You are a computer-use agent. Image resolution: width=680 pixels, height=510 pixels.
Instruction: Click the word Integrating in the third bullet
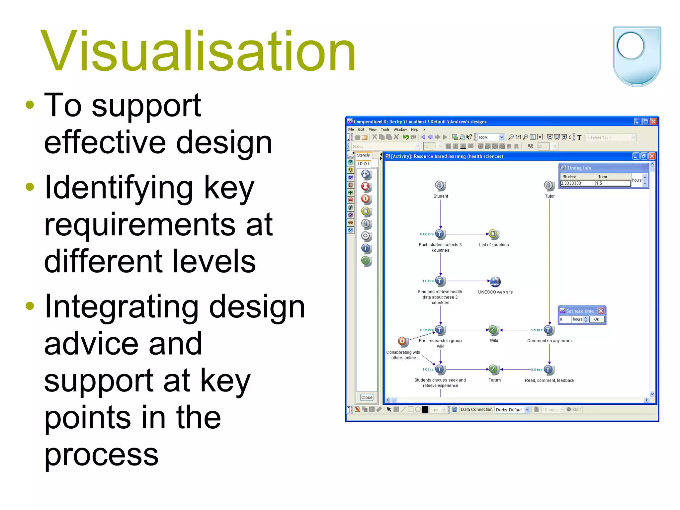point(121,307)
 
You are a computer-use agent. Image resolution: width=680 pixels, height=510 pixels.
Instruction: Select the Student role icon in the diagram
point(440,185)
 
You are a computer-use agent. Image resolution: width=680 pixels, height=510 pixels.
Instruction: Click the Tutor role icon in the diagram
point(549,185)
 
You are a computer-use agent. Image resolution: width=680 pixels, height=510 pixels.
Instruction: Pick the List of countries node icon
point(493,234)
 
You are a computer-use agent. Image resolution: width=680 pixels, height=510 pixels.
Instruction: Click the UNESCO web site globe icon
point(495,282)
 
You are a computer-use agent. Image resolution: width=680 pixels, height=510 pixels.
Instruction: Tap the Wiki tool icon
point(493,330)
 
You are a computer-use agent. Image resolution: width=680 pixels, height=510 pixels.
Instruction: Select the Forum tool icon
point(493,369)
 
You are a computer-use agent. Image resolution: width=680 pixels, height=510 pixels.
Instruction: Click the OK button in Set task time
point(597,319)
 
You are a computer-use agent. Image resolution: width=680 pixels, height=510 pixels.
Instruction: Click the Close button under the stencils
point(367,397)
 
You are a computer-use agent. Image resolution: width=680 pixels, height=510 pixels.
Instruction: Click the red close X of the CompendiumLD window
point(653,122)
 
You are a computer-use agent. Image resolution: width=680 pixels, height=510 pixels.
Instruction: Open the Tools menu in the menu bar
point(385,129)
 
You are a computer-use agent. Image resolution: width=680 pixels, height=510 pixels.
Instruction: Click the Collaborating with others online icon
point(402,341)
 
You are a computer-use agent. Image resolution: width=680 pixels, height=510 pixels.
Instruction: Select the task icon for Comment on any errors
point(549,330)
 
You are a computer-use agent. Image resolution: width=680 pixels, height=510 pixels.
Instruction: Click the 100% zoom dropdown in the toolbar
point(491,137)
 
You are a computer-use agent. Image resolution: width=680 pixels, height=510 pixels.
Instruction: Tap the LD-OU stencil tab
point(363,164)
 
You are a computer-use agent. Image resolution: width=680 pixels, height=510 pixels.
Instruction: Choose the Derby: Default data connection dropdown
point(512,410)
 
